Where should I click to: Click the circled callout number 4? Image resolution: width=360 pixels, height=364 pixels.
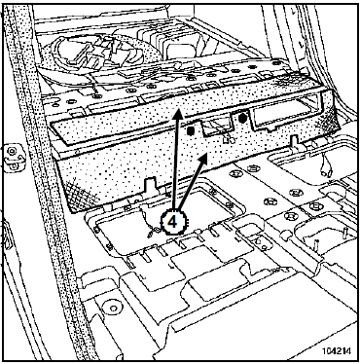coord(172,222)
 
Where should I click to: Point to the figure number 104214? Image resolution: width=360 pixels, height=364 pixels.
coord(337,351)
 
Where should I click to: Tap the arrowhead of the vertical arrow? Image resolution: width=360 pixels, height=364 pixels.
coord(177,113)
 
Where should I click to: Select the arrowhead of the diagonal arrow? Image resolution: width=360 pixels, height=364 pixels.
coord(203,158)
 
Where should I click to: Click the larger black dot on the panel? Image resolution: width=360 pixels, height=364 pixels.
coord(242,119)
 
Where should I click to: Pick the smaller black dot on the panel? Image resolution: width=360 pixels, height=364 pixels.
coord(191,130)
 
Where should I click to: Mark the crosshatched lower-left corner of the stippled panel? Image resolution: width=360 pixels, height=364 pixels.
coord(80,197)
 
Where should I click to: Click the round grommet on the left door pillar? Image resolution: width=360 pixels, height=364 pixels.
coord(13,151)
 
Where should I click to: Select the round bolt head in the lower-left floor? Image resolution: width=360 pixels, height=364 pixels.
coord(113,308)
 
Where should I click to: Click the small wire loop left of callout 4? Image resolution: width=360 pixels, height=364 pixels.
coord(151,232)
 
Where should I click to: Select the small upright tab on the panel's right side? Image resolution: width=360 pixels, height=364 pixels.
coord(295,140)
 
